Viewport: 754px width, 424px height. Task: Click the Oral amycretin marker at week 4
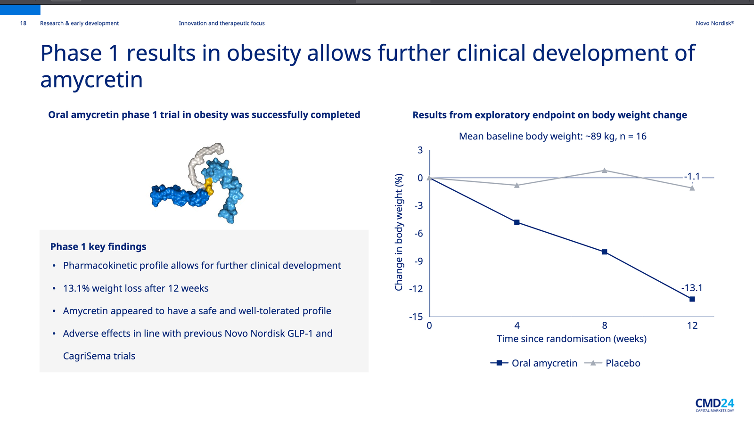[x=517, y=222]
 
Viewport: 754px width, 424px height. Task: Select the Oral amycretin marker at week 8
[x=605, y=252]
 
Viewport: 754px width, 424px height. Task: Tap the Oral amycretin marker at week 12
[x=692, y=299]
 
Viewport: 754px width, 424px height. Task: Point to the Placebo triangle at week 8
[x=605, y=170]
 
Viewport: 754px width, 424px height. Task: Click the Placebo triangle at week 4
[x=517, y=185]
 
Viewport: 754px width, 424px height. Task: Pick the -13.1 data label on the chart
[x=691, y=288]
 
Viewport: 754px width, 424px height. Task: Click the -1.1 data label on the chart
[x=692, y=177]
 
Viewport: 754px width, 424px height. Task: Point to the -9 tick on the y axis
[x=418, y=261]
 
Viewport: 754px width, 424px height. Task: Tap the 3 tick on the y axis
[x=420, y=150]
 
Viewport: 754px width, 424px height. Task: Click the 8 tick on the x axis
[x=605, y=326]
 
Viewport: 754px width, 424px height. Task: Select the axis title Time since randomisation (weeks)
[x=572, y=339]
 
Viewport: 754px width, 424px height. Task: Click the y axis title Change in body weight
[x=399, y=232]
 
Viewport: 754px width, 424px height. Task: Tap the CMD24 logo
[x=714, y=405]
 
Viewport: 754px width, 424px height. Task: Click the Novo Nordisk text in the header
[x=714, y=23]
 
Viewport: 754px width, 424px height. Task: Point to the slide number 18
[x=23, y=23]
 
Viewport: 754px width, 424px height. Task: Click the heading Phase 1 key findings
[x=98, y=247]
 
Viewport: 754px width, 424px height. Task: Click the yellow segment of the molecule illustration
[x=209, y=186]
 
